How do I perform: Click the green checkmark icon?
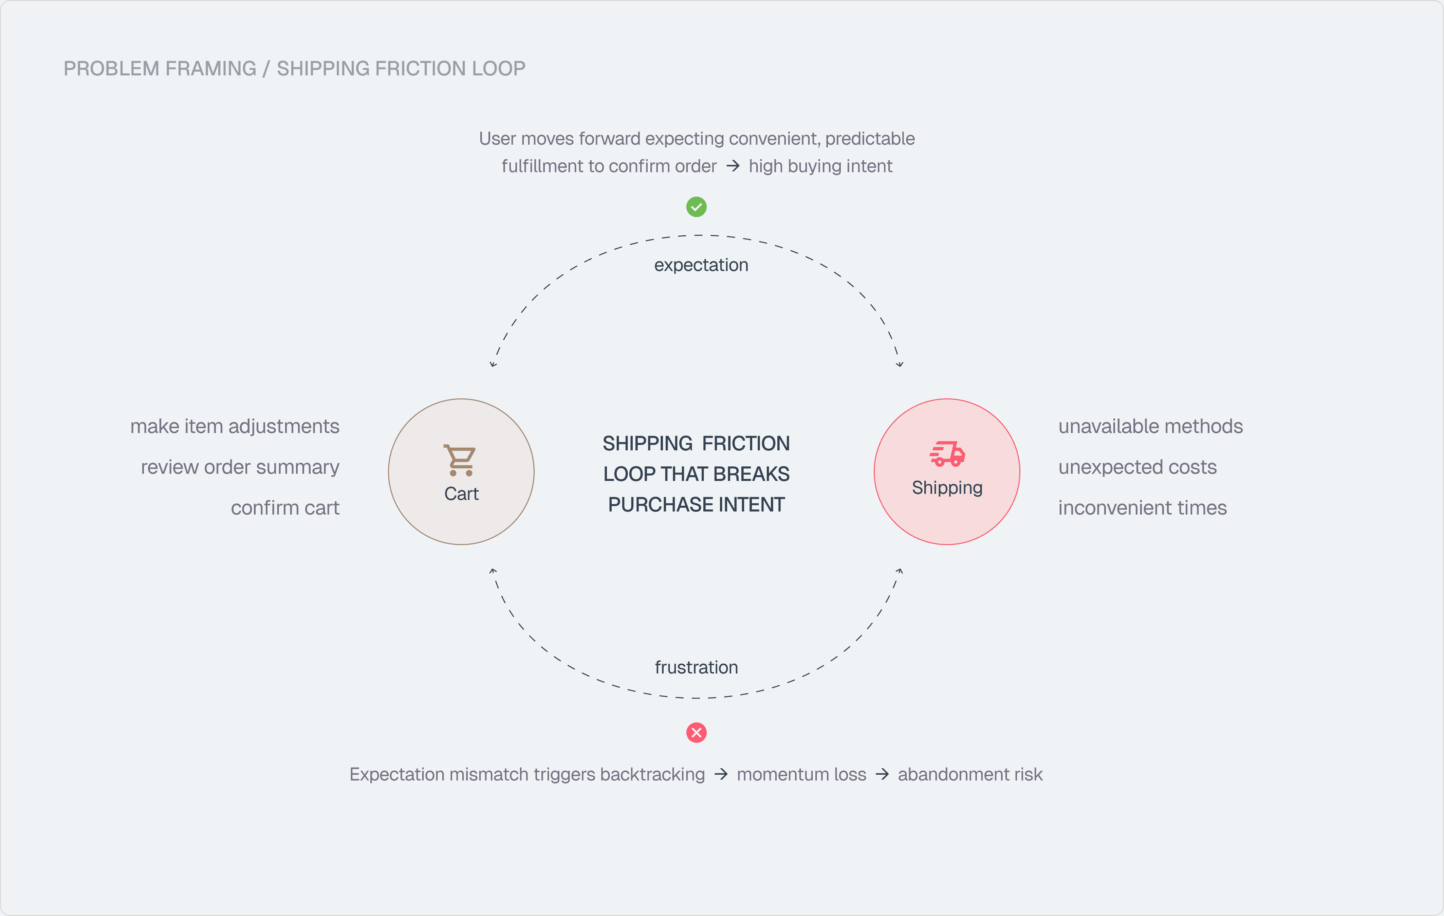[696, 207]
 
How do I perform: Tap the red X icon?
[696, 733]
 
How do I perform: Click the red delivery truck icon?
[947, 453]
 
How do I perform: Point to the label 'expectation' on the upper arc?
[701, 265]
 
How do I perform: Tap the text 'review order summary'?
[240, 467]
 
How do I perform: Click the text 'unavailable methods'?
[1150, 427]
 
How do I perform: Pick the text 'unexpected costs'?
[1137, 467]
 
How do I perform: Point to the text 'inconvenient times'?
[1142, 508]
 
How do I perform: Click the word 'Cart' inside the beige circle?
[461, 494]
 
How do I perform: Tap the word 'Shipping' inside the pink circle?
[947, 488]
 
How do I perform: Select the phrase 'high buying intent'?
[820, 166]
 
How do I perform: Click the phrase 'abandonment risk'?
[970, 774]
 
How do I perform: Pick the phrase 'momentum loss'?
[801, 774]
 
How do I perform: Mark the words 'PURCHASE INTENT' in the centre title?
[696, 504]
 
